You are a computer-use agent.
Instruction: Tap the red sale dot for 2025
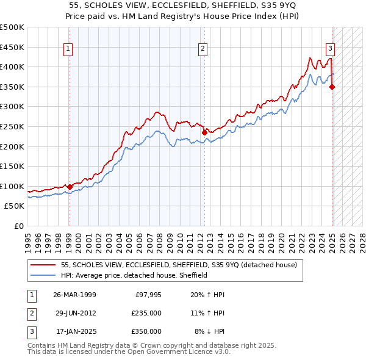[x=332, y=87]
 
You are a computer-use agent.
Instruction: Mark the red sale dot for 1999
[x=70, y=187]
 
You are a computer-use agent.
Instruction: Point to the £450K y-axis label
[x=12, y=47]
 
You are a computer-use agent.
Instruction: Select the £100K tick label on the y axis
[x=12, y=186]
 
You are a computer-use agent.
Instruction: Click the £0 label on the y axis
[x=19, y=226]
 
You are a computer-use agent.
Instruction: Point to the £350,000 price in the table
[x=146, y=331]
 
